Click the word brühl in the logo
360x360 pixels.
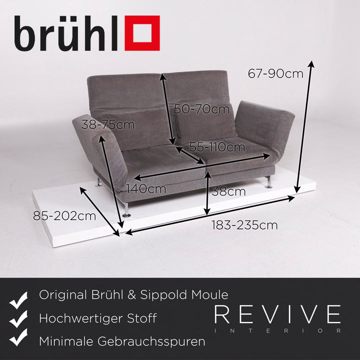67,33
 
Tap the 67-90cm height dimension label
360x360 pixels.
275,73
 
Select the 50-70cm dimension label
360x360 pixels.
198,108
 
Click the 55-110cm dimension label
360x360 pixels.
217,147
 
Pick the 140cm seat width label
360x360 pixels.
145,188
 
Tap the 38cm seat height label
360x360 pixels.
229,191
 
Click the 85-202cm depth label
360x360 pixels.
64,216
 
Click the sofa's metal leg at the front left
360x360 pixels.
126,209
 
